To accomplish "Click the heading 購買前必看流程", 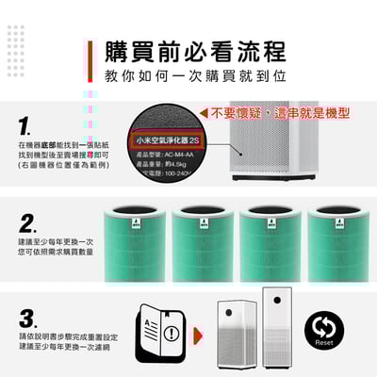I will (x=197, y=50).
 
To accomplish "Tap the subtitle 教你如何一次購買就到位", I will (x=196, y=74).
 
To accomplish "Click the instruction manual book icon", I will (x=155, y=332).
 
